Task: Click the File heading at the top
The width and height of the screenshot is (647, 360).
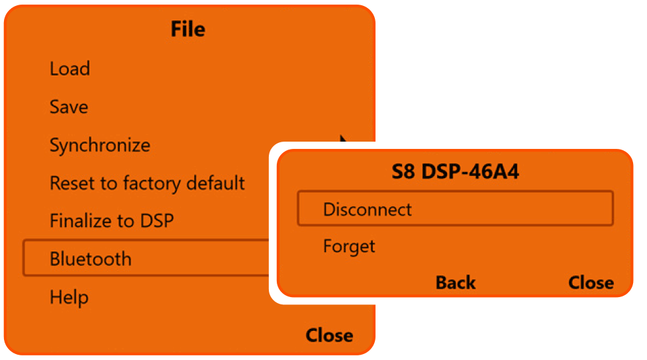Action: pyautogui.click(x=188, y=29)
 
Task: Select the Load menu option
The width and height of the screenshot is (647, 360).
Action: pyautogui.click(x=70, y=69)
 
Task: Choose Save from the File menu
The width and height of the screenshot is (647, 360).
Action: pyautogui.click(x=69, y=107)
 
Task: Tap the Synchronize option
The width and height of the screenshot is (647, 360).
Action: pyautogui.click(x=100, y=146)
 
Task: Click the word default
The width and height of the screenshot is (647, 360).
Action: pyautogui.click(x=212, y=183)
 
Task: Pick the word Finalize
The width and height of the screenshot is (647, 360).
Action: pyautogui.click(x=79, y=220)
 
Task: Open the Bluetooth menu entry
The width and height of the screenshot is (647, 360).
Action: pyautogui.click(x=91, y=259)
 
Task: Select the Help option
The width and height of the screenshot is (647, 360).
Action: pyautogui.click(x=69, y=297)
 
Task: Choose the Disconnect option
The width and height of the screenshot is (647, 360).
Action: pyautogui.click(x=368, y=210)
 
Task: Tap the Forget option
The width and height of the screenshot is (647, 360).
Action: pyautogui.click(x=349, y=247)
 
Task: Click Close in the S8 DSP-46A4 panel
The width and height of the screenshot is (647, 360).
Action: pyautogui.click(x=591, y=283)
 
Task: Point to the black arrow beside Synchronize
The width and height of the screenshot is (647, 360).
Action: pyautogui.click(x=344, y=140)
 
